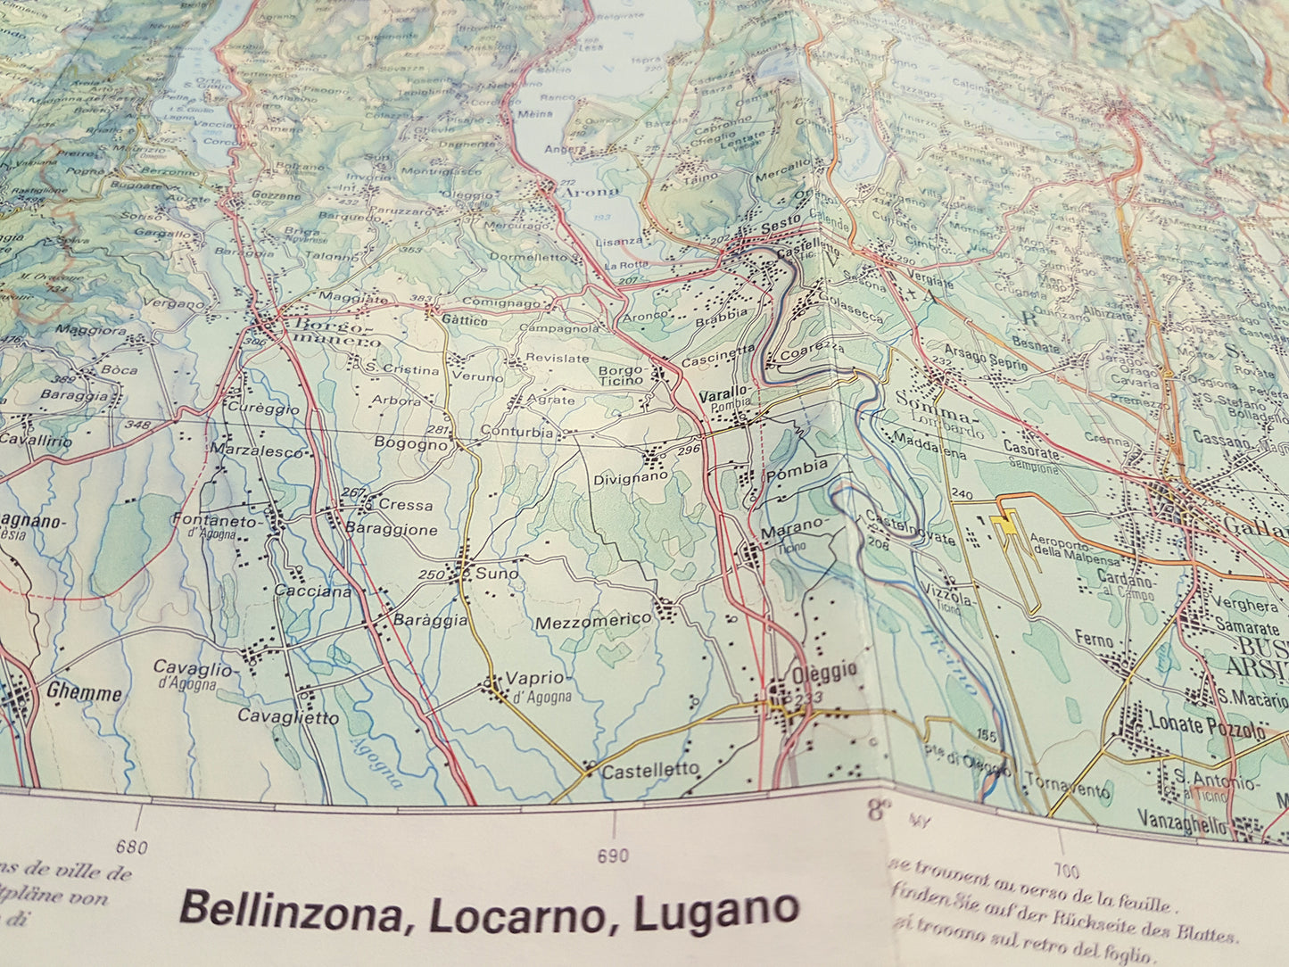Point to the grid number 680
[131, 847]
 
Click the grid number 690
[612, 856]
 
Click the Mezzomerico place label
[593, 621]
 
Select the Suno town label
[496, 574]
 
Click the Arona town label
[590, 192]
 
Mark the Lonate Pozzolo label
[1206, 725]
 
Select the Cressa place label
[405, 505]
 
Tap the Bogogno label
[410, 443]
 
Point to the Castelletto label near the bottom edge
[650, 772]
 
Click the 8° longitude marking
[879, 810]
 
